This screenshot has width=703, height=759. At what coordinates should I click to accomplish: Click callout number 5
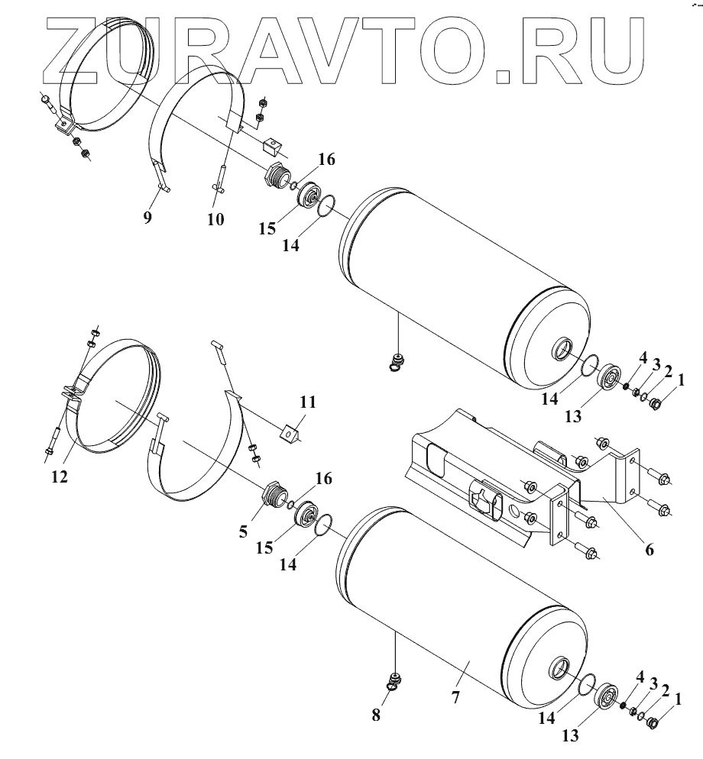coord(243,531)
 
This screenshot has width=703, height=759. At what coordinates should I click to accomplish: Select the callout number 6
coord(649,547)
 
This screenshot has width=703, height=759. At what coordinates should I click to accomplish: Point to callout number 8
coord(375,715)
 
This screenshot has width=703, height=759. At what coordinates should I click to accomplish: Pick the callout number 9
coord(147,218)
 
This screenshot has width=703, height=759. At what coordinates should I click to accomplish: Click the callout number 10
coord(215,219)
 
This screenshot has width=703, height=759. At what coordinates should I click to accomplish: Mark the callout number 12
coord(60,476)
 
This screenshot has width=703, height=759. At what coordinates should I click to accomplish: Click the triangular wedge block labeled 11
coord(291,434)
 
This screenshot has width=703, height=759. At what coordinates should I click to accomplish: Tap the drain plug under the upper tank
coord(396,359)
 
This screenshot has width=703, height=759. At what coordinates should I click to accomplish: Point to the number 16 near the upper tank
coord(326,160)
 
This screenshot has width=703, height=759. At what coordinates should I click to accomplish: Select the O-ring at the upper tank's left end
coord(326,205)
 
